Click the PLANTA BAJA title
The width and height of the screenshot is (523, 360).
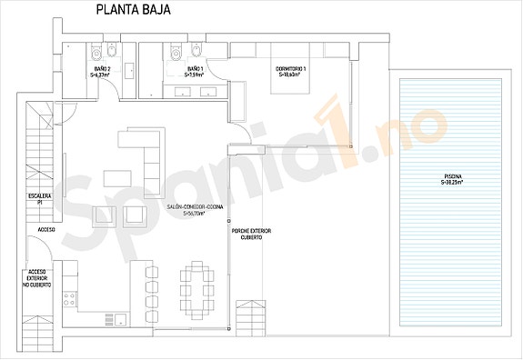coord(131,10)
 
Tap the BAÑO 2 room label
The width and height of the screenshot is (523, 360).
coord(102,69)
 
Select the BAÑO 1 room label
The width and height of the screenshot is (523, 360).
coord(196,69)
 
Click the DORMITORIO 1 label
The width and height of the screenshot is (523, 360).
coord(291,69)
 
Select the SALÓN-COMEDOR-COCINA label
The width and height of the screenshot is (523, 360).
coord(189,209)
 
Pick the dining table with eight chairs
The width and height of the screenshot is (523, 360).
coord(196,290)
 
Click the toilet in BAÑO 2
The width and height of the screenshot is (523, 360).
coord(107,50)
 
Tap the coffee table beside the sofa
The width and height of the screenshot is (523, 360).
coord(116,176)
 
